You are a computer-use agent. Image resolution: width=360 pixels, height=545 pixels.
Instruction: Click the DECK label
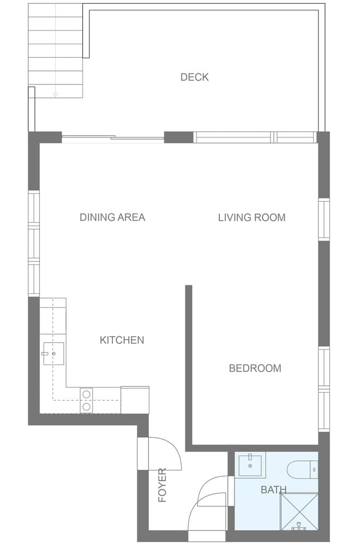coord(194,77)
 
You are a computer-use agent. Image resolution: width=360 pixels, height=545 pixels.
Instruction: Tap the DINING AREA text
coord(112,217)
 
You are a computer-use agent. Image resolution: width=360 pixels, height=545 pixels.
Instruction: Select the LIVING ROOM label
coord(251,217)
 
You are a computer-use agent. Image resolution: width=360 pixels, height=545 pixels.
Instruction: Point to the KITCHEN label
coord(122,340)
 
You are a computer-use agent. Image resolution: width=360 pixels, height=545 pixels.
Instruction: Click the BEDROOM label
coord(255,368)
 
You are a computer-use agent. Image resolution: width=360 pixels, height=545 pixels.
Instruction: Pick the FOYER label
coord(162,485)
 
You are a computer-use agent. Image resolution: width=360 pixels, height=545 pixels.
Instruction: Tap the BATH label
coord(273,490)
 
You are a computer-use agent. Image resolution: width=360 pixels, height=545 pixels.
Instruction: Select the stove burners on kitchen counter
coord(86,399)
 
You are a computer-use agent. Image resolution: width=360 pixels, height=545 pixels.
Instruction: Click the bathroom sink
coord(250,464)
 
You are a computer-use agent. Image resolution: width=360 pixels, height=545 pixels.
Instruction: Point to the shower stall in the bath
coord(298,511)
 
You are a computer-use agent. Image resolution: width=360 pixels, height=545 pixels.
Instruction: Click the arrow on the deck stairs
coord(55,94)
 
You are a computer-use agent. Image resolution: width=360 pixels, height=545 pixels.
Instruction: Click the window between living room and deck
coord(255,137)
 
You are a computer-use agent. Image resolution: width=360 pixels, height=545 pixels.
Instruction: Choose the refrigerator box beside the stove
coord(135,399)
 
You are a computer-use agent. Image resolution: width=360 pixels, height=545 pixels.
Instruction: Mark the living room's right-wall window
coord(324,219)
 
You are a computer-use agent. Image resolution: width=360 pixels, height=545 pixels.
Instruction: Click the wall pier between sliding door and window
coord(179,137)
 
